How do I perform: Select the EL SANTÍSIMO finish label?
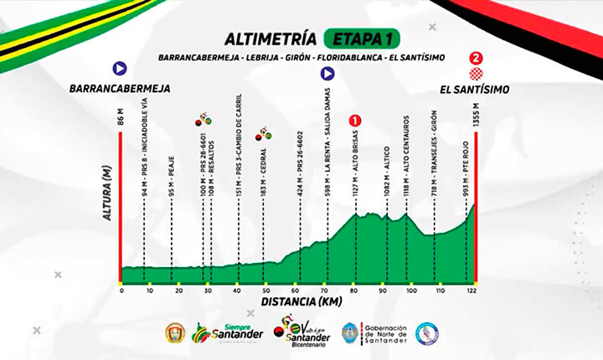475,87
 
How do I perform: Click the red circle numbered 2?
477,59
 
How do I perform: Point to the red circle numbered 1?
355,120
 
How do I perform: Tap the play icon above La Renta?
327,72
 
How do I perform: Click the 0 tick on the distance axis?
121,291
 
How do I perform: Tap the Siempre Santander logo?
228,334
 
